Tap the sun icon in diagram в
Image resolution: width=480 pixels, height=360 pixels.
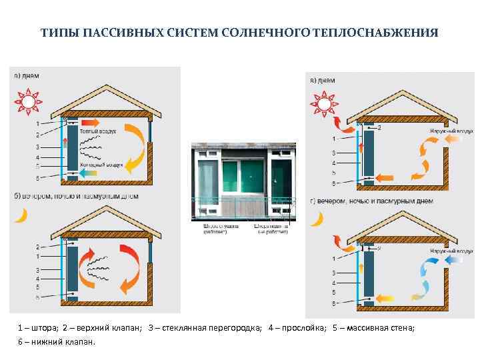tap(324, 105)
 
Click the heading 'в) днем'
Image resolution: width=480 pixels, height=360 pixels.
tap(323, 81)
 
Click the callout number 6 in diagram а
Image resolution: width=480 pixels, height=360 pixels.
tap(38, 177)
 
